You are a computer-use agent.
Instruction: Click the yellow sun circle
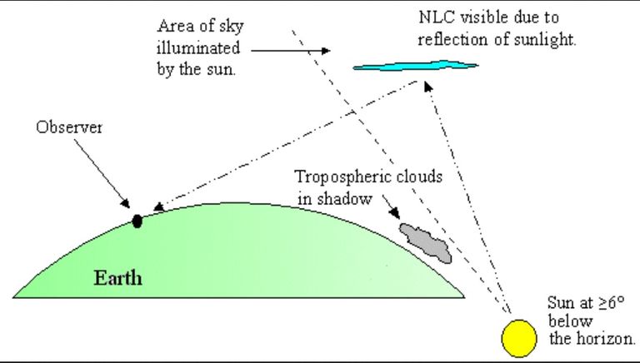519,339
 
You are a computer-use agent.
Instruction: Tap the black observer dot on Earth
137,221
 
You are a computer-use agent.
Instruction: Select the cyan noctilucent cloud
416,66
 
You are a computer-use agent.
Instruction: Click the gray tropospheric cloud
426,242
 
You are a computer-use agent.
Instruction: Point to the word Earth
118,278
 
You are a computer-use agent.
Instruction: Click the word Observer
69,127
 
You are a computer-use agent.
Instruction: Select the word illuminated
198,48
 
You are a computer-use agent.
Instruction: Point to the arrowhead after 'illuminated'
326,51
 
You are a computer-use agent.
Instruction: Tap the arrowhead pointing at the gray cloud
394,213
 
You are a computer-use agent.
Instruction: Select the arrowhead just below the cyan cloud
427,86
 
